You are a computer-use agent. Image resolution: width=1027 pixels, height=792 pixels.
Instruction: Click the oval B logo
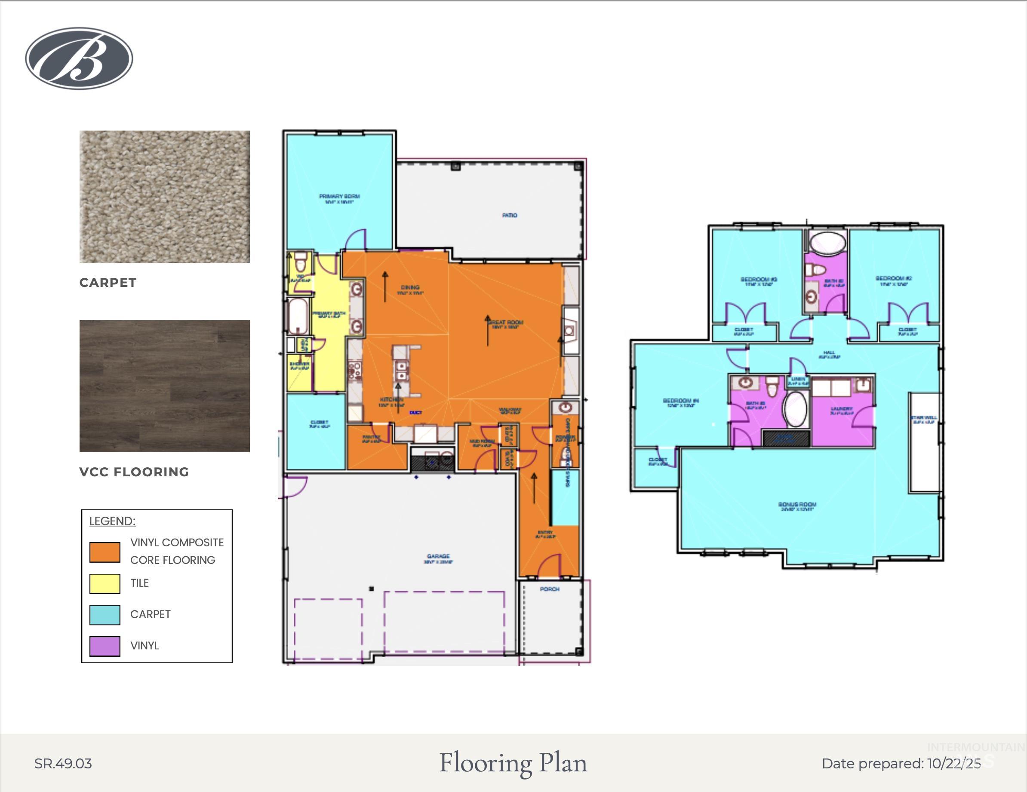pyautogui.click(x=79, y=58)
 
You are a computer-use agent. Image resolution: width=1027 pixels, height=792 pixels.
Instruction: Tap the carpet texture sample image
pyautogui.click(x=164, y=196)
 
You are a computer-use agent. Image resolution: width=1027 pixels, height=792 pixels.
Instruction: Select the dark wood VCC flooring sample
pyautogui.click(x=164, y=386)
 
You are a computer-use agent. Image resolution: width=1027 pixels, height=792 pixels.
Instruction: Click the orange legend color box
pyautogui.click(x=105, y=552)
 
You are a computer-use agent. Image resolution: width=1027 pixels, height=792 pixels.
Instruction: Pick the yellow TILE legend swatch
pyautogui.click(x=105, y=583)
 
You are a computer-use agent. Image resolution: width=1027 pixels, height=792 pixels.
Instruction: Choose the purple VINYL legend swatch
pyautogui.click(x=105, y=646)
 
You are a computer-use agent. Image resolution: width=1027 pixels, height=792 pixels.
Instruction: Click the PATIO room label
pyautogui.click(x=509, y=215)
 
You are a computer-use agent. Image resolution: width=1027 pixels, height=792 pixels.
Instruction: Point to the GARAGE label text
pyautogui.click(x=438, y=556)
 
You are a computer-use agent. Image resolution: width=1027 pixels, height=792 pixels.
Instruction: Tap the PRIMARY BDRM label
pyautogui.click(x=339, y=196)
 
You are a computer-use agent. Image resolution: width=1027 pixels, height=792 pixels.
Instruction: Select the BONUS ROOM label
pyautogui.click(x=797, y=505)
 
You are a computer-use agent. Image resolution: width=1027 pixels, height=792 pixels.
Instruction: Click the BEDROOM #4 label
pyautogui.click(x=680, y=401)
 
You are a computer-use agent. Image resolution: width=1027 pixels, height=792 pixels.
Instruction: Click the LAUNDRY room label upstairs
pyautogui.click(x=841, y=409)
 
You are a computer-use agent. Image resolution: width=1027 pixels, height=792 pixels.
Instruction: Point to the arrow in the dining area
pyautogui.click(x=385, y=286)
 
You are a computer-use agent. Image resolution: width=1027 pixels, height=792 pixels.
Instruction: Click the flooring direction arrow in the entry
pyautogui.click(x=534, y=488)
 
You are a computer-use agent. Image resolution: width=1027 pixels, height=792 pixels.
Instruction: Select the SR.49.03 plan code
pyautogui.click(x=63, y=764)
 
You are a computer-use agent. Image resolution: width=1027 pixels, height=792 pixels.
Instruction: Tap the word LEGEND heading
pyautogui.click(x=112, y=521)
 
